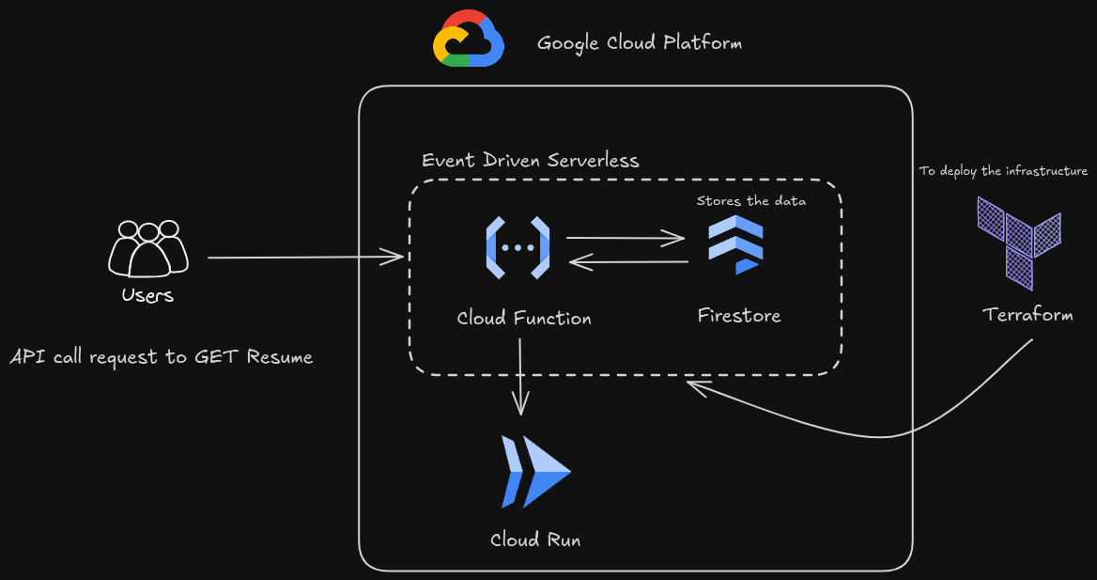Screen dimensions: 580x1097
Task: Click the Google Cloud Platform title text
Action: pyautogui.click(x=639, y=43)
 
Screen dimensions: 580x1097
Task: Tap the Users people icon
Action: pyautogui.click(x=148, y=248)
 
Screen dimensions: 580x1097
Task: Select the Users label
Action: pyautogui.click(x=147, y=295)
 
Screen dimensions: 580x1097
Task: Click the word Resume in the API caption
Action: pyautogui.click(x=279, y=357)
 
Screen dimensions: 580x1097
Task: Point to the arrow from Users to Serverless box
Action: pyautogui.click(x=305, y=257)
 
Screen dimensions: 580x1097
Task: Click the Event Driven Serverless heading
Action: pyautogui.click(x=530, y=160)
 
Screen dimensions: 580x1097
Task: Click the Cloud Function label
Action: pyautogui.click(x=524, y=318)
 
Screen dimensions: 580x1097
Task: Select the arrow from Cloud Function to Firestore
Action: pyautogui.click(x=626, y=239)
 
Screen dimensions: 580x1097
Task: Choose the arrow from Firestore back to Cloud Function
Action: pyautogui.click(x=629, y=262)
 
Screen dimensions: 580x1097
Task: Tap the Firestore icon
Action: pyautogui.click(x=736, y=243)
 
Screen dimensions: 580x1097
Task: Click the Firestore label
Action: pyautogui.click(x=739, y=315)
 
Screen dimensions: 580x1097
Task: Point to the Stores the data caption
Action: pyautogui.click(x=750, y=200)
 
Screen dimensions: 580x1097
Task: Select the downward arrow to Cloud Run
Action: pyautogui.click(x=520, y=376)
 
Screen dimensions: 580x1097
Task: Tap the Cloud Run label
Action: pyautogui.click(x=535, y=540)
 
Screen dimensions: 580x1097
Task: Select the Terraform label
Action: pyautogui.click(x=1027, y=314)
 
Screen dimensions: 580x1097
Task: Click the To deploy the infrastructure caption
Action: pyautogui.click(x=1003, y=171)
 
